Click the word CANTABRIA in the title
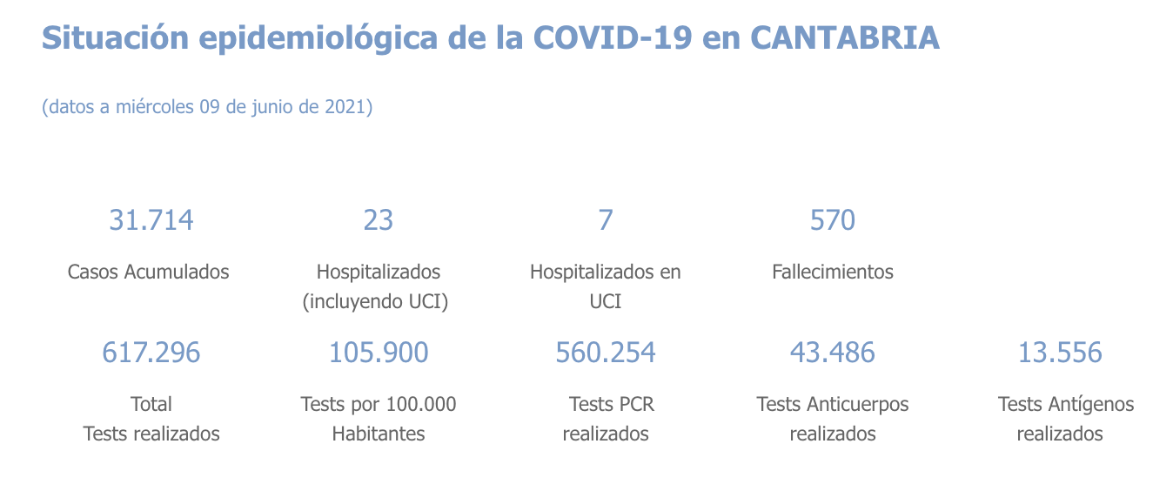pyautogui.click(x=844, y=38)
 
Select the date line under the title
pyautogui.click(x=207, y=107)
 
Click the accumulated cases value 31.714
pyautogui.click(x=151, y=220)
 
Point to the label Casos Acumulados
pyautogui.click(x=149, y=272)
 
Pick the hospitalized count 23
pyautogui.click(x=378, y=220)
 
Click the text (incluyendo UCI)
pyautogui.click(x=378, y=301)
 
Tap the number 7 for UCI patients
pyautogui.click(x=606, y=220)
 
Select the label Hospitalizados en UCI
pyautogui.click(x=606, y=286)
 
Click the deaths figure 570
pyautogui.click(x=833, y=220)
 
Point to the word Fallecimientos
pyautogui.click(x=833, y=272)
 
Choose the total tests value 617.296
pyautogui.click(x=151, y=353)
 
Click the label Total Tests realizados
pyautogui.click(x=151, y=419)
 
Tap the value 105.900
pyautogui.click(x=378, y=353)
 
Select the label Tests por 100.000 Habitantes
pyautogui.click(x=378, y=419)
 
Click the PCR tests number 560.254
pyautogui.click(x=606, y=353)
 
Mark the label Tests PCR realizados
pyautogui.click(x=607, y=419)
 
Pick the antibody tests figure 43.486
pyautogui.click(x=833, y=353)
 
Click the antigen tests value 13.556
pyautogui.click(x=1060, y=353)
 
